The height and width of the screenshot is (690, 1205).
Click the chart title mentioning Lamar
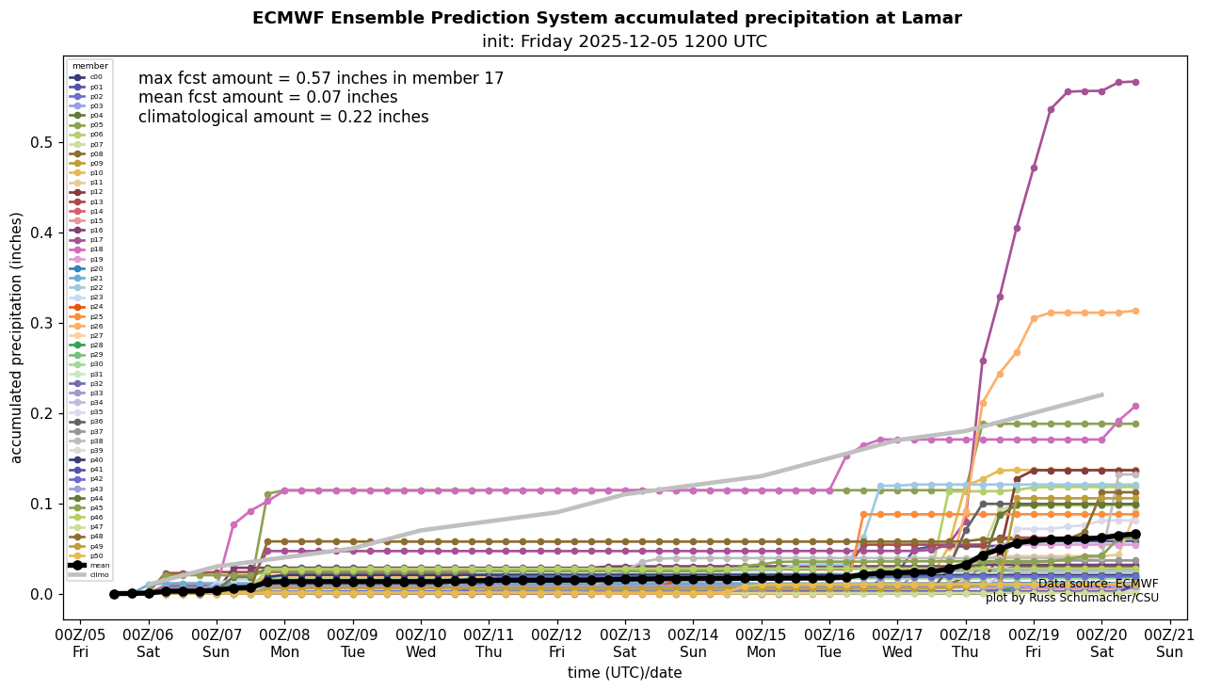[606, 18]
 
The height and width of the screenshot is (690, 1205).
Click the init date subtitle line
[624, 41]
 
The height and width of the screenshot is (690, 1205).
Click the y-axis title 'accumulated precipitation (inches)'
[17, 337]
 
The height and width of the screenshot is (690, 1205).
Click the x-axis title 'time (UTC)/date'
[624, 672]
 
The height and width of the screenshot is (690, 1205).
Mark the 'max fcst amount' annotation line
[321, 79]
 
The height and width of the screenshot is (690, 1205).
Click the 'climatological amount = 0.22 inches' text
[283, 118]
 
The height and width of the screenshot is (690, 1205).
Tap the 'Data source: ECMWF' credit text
[1098, 584]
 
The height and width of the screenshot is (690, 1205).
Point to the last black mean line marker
[1135, 534]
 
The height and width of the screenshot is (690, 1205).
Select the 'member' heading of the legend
[89, 67]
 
